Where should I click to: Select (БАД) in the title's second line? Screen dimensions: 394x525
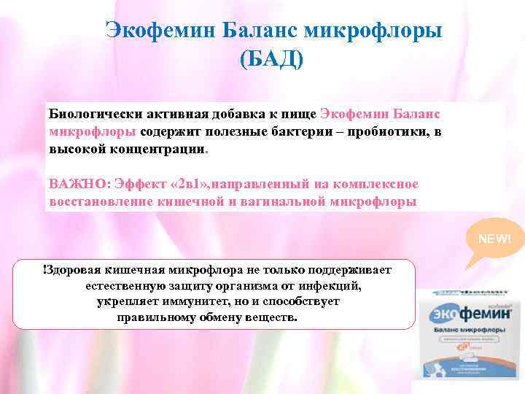(x=272, y=59)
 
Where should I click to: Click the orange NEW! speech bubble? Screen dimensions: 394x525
(x=495, y=239)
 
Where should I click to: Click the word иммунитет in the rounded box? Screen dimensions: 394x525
(x=185, y=302)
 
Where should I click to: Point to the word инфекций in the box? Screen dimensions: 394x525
(x=332, y=286)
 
